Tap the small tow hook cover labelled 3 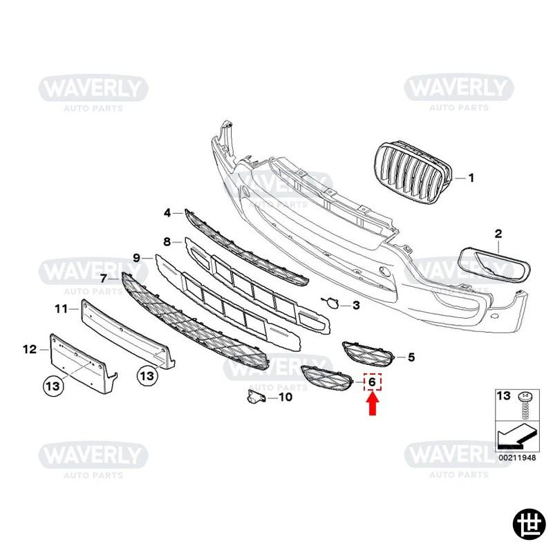[x=331, y=302]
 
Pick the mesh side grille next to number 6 [x=326, y=378]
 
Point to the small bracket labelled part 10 [x=256, y=397]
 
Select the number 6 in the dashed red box [x=372, y=382]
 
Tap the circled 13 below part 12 [x=53, y=386]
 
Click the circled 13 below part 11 [x=147, y=375]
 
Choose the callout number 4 [x=167, y=213]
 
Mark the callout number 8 [x=167, y=241]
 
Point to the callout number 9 [x=137, y=258]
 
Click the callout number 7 [x=103, y=279]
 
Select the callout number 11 [x=61, y=309]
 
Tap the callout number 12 [x=30, y=350]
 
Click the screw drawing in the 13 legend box [x=525, y=405]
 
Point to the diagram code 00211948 [x=517, y=458]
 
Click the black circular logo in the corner [x=529, y=528]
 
